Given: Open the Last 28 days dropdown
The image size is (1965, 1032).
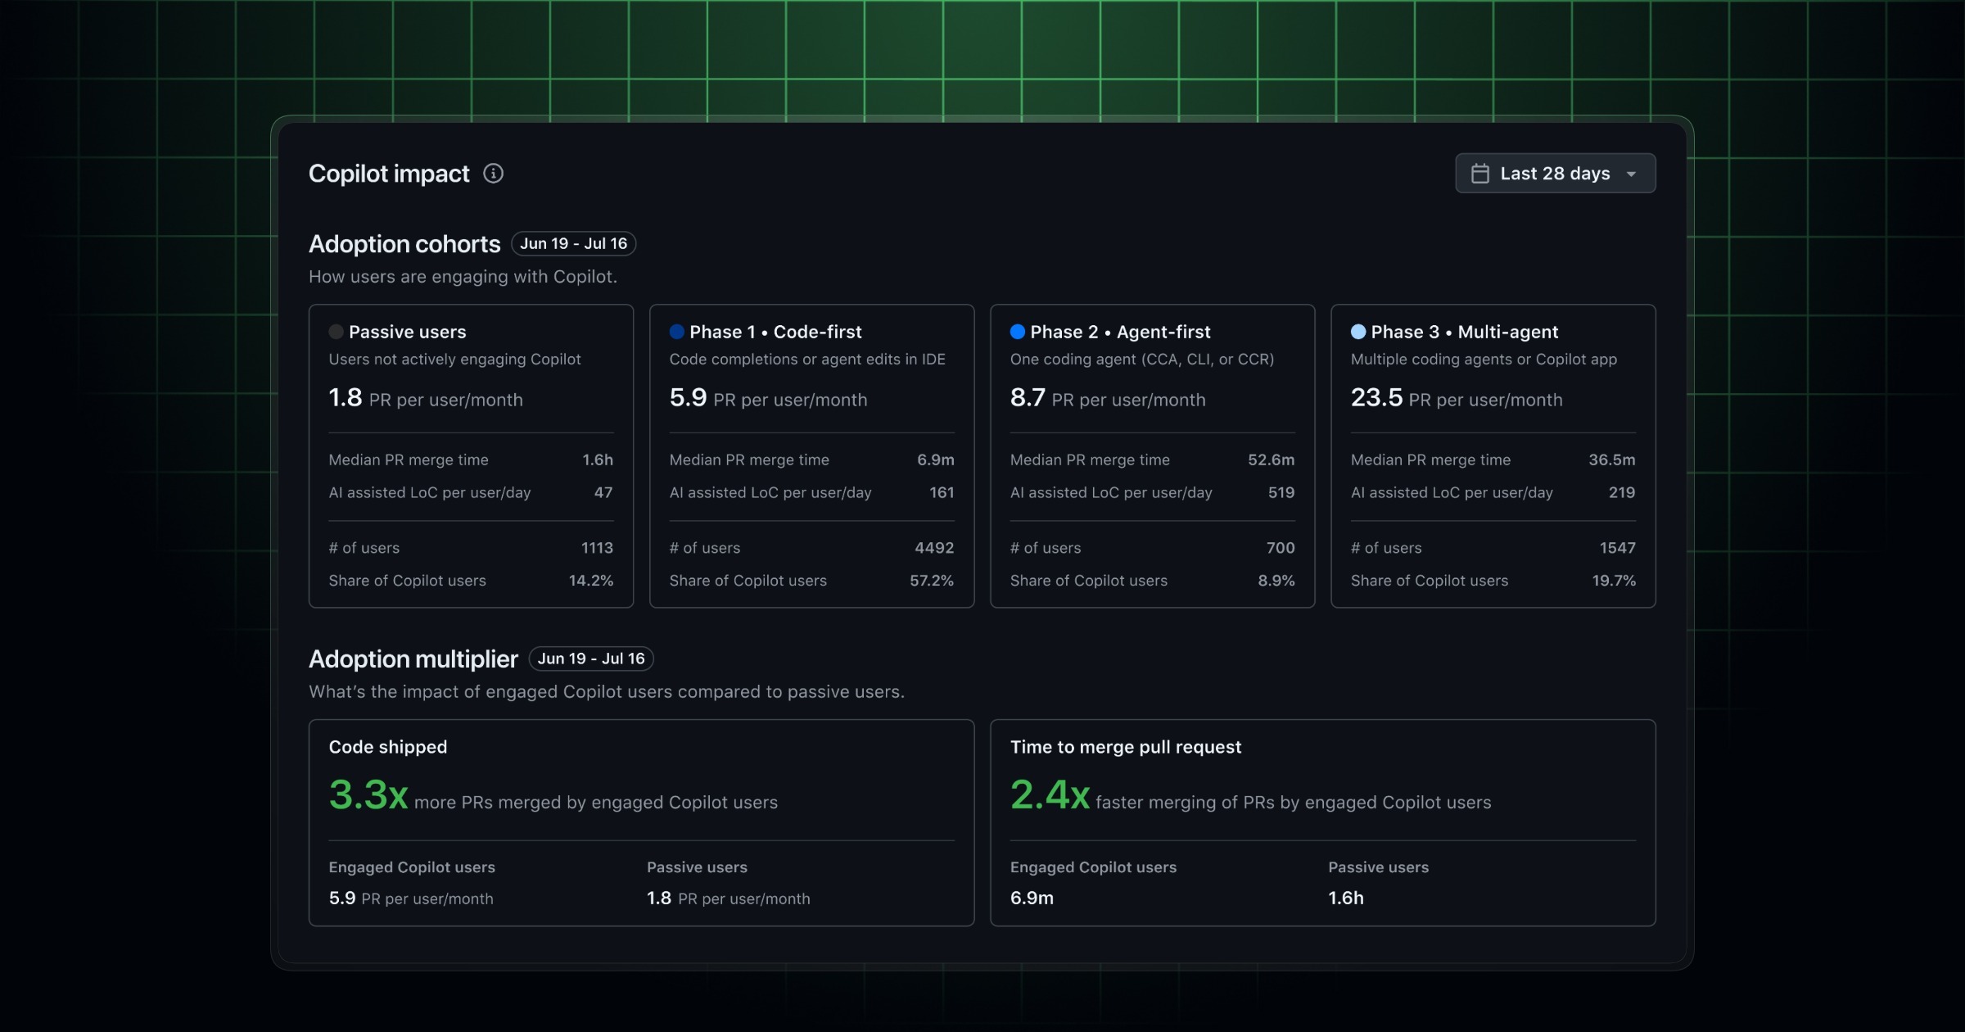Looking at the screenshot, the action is tap(1555, 173).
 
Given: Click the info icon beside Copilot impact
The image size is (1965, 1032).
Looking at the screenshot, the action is tap(493, 173).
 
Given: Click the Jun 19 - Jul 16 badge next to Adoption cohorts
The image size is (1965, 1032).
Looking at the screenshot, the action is tap(573, 243).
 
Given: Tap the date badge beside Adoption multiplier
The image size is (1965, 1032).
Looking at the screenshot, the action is tap(591, 659).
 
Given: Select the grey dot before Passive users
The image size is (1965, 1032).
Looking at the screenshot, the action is tap(336, 332).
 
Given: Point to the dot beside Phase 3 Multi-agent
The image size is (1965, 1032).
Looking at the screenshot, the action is tap(1358, 332).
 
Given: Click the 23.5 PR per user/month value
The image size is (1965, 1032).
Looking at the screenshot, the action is tap(1376, 398).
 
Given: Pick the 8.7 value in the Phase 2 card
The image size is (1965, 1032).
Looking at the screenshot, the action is tap(1028, 398).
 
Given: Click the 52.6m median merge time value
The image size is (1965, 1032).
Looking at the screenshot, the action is tap(1271, 460).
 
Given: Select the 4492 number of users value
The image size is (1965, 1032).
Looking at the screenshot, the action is tap(934, 548).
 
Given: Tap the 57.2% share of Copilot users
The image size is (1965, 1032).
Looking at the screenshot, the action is tap(932, 581).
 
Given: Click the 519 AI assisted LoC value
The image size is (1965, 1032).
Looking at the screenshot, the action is tap(1281, 493).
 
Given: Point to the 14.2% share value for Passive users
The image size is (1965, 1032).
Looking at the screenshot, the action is tap(591, 581).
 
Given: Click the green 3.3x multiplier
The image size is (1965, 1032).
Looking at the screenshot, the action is tap(368, 794).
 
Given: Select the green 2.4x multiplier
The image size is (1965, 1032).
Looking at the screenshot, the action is tap(1050, 794).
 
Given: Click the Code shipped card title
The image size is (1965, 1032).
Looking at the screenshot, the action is tap(388, 747).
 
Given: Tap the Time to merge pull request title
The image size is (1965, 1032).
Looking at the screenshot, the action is tap(1126, 747).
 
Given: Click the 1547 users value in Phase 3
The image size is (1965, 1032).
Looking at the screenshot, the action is tap(1618, 548).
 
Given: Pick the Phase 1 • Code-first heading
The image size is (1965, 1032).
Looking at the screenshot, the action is tap(775, 332).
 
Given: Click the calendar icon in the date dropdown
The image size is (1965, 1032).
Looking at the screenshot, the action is tap(1480, 174).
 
